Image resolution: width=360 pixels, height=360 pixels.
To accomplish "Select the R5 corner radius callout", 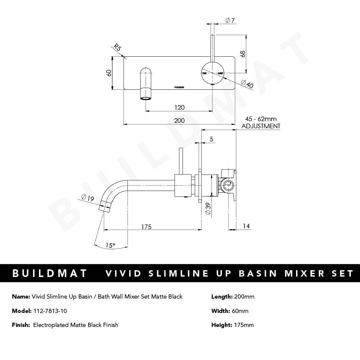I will coord(117,48).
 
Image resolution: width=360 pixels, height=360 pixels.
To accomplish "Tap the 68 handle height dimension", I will coord(242,54).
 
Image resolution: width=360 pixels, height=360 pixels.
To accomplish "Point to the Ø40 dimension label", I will coord(247,84).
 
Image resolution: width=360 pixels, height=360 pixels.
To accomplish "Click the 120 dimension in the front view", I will coord(180,108).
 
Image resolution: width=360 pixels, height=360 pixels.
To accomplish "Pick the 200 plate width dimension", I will coord(179,121).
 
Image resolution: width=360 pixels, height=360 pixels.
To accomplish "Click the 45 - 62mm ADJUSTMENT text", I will coord(260,123).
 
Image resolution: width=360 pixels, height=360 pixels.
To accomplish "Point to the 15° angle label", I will coord(111,245).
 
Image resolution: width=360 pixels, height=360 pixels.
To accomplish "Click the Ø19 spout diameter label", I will coord(87,197).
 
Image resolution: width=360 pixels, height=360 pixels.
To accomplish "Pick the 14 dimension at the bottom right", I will coord(246,227).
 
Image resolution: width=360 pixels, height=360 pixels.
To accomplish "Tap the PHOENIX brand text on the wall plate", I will coord(179,87).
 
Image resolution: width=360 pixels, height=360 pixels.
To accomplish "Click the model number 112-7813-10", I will coord(50,311).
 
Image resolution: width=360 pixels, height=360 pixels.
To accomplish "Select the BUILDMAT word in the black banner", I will coord(50,273).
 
